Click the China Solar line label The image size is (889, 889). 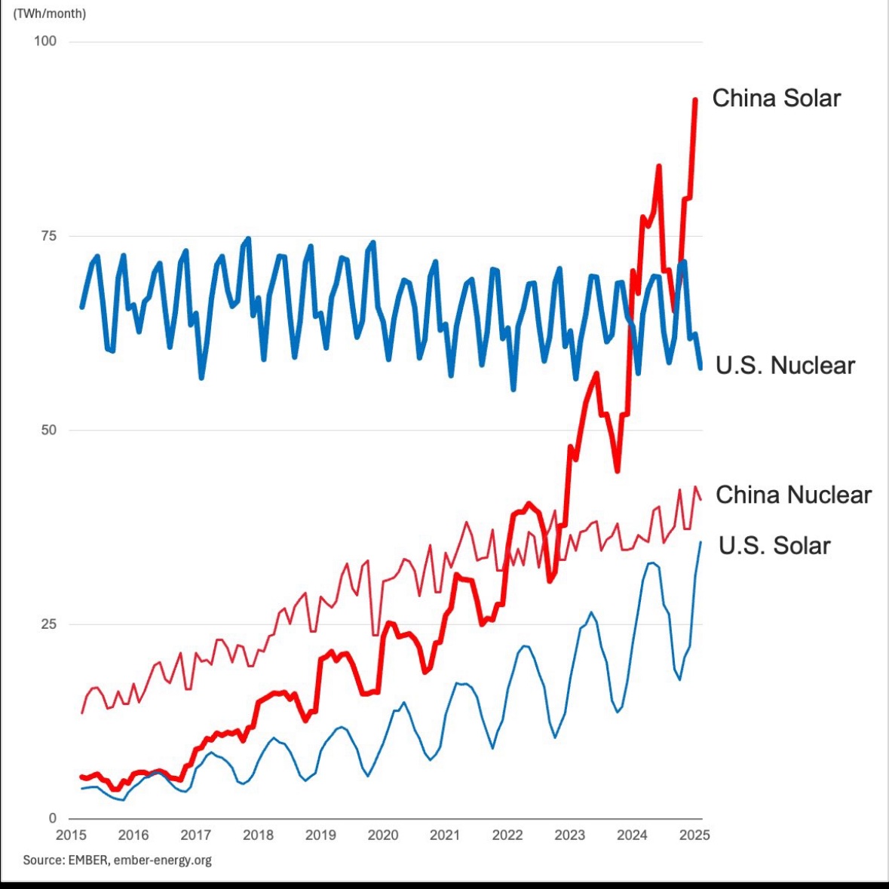(x=776, y=98)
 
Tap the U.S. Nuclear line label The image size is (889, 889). (x=785, y=366)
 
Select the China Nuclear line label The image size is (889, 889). (x=793, y=495)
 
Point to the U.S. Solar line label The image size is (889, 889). (x=774, y=545)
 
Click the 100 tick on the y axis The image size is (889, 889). (x=45, y=41)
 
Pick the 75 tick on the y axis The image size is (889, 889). (x=48, y=236)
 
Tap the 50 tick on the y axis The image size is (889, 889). (x=48, y=430)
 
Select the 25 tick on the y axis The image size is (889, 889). (x=48, y=624)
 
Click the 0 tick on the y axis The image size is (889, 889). (x=52, y=818)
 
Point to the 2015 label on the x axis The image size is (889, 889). (x=72, y=835)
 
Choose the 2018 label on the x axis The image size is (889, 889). (x=258, y=835)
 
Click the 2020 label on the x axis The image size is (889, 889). (x=382, y=835)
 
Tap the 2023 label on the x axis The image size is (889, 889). (x=569, y=835)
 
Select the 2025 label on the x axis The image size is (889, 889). (x=694, y=835)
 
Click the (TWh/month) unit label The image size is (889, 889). (x=50, y=14)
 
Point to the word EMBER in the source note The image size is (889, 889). (x=90, y=860)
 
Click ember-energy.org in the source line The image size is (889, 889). (x=162, y=860)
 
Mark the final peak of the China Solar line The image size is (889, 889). (x=695, y=100)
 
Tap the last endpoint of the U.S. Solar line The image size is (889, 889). (x=700, y=542)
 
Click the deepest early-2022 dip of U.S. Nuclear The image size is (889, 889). (x=513, y=389)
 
